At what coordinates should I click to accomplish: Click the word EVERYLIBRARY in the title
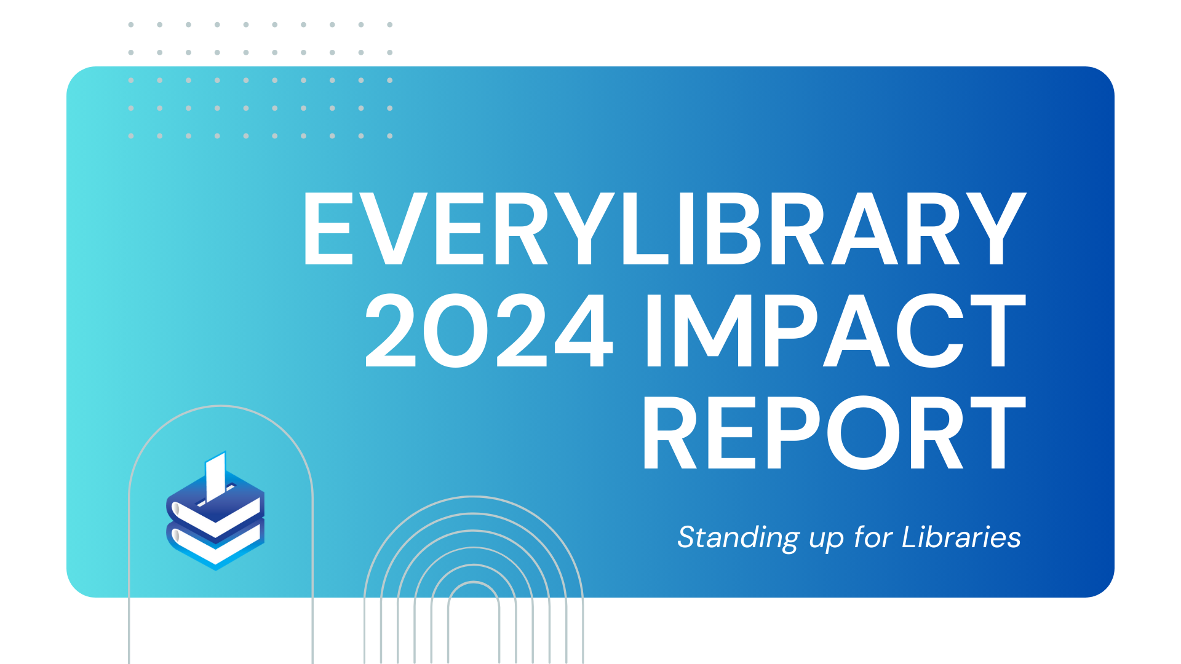pos(664,229)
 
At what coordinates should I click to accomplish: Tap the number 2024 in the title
pos(489,331)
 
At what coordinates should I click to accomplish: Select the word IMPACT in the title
pos(835,331)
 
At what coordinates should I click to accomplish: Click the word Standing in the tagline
pos(738,538)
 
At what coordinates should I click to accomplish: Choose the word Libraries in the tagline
pos(961,537)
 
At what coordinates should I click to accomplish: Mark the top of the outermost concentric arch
pos(474,497)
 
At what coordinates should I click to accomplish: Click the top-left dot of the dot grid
pos(131,25)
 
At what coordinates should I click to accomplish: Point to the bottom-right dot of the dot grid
pos(390,136)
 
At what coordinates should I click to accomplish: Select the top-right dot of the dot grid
pos(390,25)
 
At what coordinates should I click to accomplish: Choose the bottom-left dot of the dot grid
pos(131,136)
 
